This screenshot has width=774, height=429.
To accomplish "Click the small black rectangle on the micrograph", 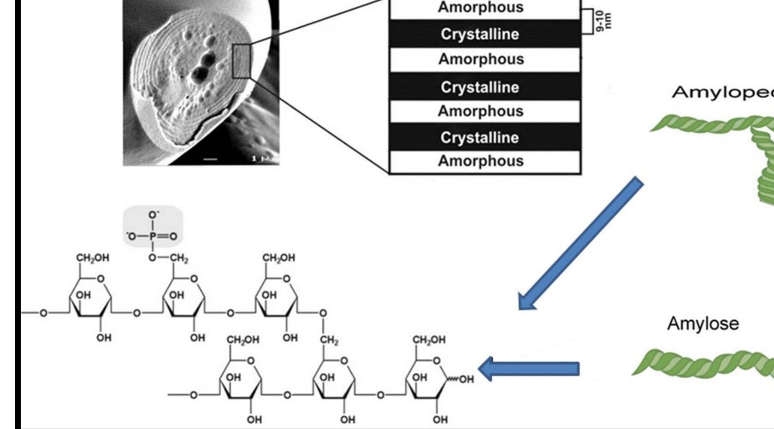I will (x=241, y=61).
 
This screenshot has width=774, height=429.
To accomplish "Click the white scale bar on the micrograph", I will (x=210, y=159).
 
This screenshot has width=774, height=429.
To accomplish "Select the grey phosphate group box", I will (x=153, y=227).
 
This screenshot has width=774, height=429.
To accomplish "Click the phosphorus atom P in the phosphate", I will (x=153, y=236).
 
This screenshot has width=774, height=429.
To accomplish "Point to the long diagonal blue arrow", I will (x=581, y=243).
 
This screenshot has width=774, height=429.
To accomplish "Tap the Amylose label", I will (x=703, y=323).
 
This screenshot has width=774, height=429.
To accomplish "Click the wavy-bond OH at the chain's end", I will (x=466, y=379).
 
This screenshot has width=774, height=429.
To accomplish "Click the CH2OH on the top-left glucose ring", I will (x=93, y=258).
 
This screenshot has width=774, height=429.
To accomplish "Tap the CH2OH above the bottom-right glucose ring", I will (x=429, y=340).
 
